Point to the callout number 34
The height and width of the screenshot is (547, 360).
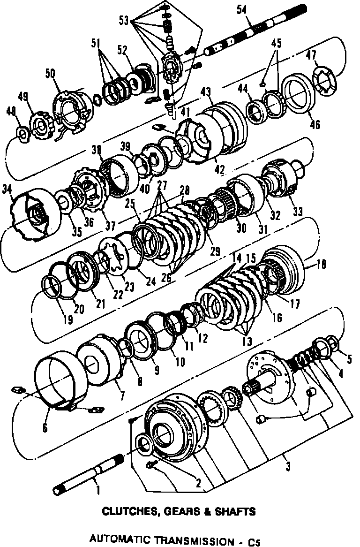point(19,189)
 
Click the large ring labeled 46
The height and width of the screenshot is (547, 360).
point(298,95)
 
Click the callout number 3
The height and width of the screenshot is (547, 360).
point(287,466)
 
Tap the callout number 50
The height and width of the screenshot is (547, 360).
point(50,74)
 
